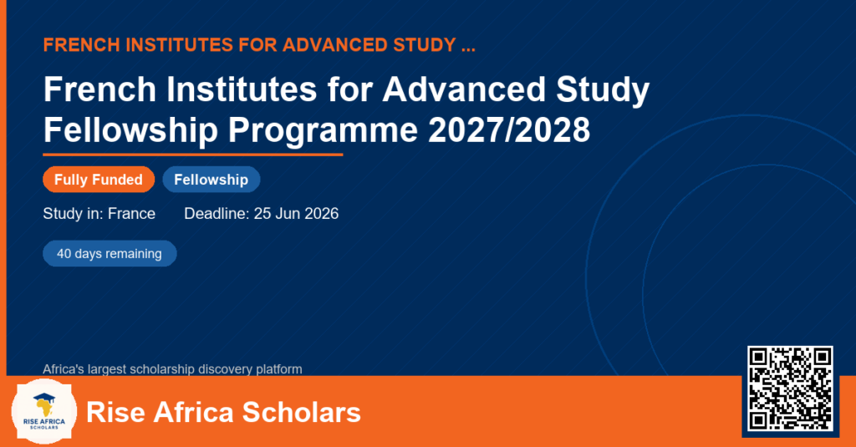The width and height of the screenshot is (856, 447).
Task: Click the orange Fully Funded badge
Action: click(x=99, y=180)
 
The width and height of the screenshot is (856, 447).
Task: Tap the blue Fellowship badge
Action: click(x=211, y=180)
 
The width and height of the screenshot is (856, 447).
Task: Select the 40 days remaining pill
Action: click(x=110, y=254)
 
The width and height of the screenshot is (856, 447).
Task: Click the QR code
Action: click(x=790, y=389)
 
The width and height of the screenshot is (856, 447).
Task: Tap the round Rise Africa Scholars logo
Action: click(x=44, y=412)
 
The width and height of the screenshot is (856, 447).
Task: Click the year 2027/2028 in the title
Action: click(x=509, y=130)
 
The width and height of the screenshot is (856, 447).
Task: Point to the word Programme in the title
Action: click(x=323, y=131)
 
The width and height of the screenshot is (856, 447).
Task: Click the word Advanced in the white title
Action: click(x=463, y=89)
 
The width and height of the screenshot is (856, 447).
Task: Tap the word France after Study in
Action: click(x=131, y=213)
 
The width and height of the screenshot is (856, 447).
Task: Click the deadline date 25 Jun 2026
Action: click(x=296, y=213)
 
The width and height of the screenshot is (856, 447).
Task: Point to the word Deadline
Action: click(x=217, y=213)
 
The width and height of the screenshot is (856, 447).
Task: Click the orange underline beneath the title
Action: click(x=193, y=155)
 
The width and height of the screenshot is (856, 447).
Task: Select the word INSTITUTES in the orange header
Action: click(x=179, y=45)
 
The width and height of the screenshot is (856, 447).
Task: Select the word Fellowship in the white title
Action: click(x=130, y=131)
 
